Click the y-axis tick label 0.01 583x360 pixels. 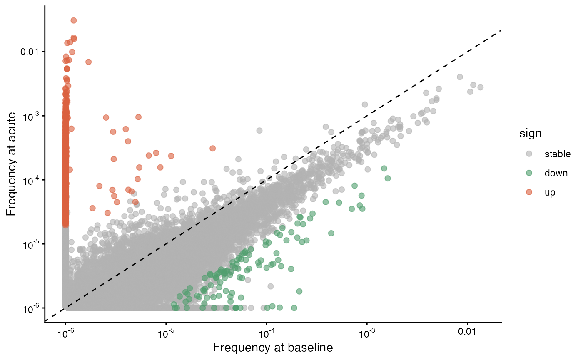[29, 52]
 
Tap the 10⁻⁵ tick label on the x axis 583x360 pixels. [166, 333]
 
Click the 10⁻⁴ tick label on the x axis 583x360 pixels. [267, 333]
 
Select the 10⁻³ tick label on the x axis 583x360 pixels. [367, 333]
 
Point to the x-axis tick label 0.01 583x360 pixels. [467, 332]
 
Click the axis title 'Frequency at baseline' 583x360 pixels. [273, 348]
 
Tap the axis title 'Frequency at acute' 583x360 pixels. [11, 164]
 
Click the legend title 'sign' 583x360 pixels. [530, 133]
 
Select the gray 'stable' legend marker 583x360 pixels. [529, 154]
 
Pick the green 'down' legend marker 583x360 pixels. [529, 173]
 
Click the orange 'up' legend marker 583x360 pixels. [529, 192]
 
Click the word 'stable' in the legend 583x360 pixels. [558, 154]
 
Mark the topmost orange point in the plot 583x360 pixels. [74, 20]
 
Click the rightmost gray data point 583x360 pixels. [481, 87]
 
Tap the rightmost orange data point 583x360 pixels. [213, 149]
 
